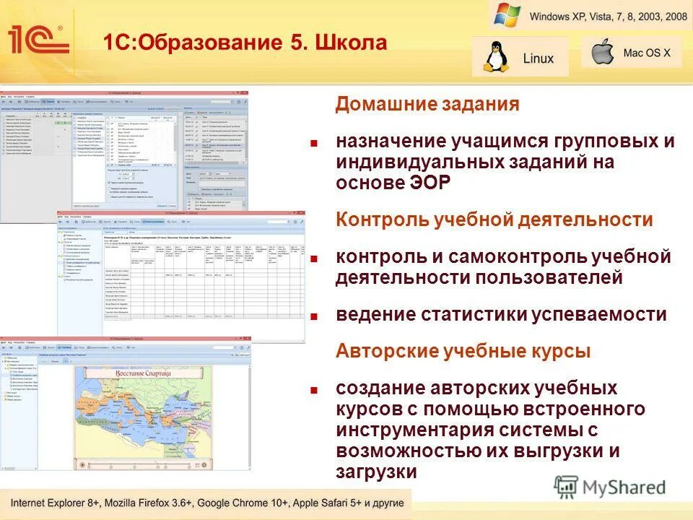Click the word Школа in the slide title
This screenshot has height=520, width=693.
coord(351,43)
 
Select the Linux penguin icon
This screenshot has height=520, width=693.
coord(495,57)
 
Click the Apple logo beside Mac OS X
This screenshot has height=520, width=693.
coord(601,53)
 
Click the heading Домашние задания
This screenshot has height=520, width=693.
coord(427,104)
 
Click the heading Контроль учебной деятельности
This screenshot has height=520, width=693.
coord(494,220)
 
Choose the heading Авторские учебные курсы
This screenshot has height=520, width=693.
coord(463,352)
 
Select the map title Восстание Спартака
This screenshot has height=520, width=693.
coord(143,373)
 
